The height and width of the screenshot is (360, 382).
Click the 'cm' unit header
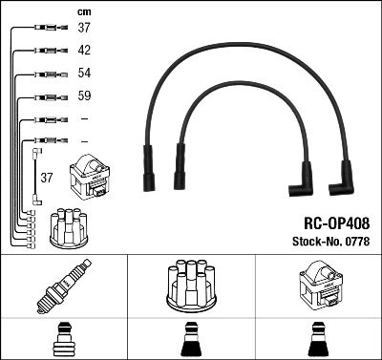pos(83,12)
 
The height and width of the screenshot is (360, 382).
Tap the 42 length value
pos(84,51)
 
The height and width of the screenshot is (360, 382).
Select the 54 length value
pos(84,74)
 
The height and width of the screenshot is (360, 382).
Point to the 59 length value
pos(84,96)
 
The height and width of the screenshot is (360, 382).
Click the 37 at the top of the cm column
pos(84,28)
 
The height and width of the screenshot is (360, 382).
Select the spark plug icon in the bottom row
pos(63,287)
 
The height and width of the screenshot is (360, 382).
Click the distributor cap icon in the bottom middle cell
pos(190,286)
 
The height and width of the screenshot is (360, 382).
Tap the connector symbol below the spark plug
pos(63,340)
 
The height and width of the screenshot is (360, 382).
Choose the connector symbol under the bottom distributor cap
pos(190,340)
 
